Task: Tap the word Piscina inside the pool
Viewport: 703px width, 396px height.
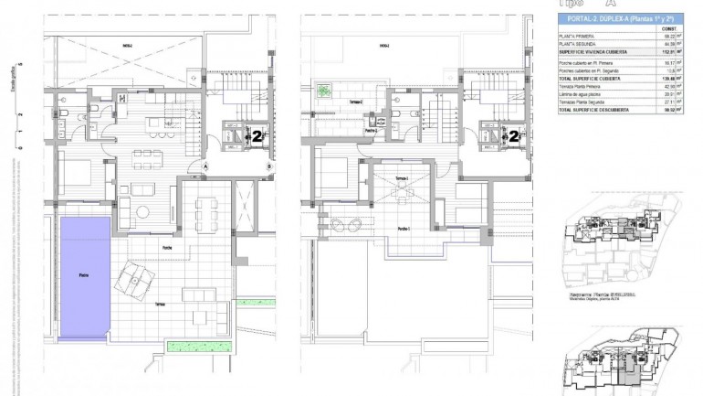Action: (83, 274)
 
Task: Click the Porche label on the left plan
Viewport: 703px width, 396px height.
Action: (168, 248)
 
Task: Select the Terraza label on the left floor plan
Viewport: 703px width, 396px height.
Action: (160, 304)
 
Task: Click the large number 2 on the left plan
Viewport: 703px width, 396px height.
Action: (258, 136)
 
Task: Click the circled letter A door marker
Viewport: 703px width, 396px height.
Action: (207, 167)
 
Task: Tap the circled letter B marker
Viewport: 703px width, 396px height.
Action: (269, 167)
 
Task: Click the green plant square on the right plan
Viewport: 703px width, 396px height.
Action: (324, 91)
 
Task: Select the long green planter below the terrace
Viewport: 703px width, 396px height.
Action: (188, 345)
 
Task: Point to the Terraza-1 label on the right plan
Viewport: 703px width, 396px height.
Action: (402, 177)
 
